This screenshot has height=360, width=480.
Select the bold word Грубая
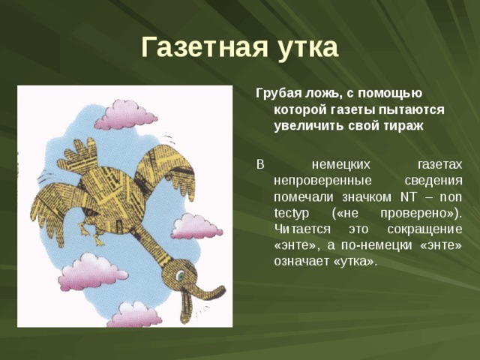click(x=279, y=93)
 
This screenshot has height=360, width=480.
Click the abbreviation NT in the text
click(x=408, y=197)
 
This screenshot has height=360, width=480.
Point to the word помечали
click(x=301, y=197)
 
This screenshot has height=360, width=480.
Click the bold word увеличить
click(x=308, y=126)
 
